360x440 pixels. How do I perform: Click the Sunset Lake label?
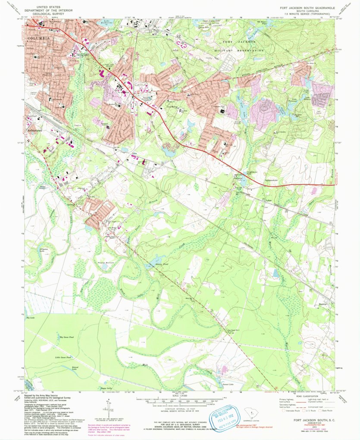point(227,384)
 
